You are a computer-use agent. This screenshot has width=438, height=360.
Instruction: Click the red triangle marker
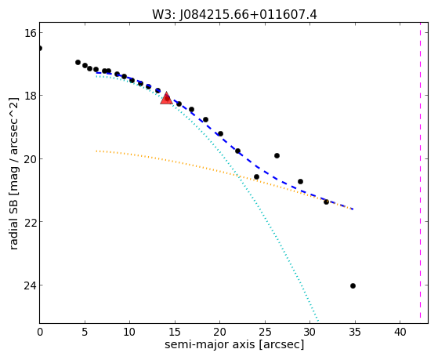[166, 98]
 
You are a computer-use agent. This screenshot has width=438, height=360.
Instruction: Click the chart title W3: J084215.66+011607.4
[234, 15]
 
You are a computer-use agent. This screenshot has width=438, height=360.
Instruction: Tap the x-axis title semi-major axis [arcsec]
[234, 344]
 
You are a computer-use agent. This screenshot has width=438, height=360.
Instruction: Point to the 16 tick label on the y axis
[31, 33]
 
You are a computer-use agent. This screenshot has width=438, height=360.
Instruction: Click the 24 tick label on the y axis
[31, 285]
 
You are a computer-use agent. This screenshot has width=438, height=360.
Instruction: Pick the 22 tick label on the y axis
[31, 222]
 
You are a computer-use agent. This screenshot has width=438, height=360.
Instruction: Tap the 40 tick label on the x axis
[400, 333]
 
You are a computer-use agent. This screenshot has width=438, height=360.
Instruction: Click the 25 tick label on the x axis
[265, 333]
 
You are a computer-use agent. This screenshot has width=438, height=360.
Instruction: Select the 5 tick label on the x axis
[85, 333]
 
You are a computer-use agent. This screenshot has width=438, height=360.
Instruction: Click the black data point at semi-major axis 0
[40, 49]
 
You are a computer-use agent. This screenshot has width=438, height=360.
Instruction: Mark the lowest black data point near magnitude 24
[353, 285]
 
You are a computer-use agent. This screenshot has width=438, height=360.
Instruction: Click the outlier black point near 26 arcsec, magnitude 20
[277, 156]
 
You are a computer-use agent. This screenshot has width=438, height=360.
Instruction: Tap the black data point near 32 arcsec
[326, 202]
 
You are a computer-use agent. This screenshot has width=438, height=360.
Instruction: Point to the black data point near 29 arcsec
[300, 182]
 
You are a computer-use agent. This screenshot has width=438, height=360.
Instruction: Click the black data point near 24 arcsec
[256, 177]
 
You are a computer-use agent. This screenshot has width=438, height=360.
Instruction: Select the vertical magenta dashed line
[420, 173]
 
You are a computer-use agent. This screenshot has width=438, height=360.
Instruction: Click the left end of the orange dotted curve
[96, 151]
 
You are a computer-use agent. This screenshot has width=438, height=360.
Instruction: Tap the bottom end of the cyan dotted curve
[318, 320]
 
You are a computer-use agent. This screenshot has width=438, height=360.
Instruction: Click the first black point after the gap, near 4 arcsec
[78, 63]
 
